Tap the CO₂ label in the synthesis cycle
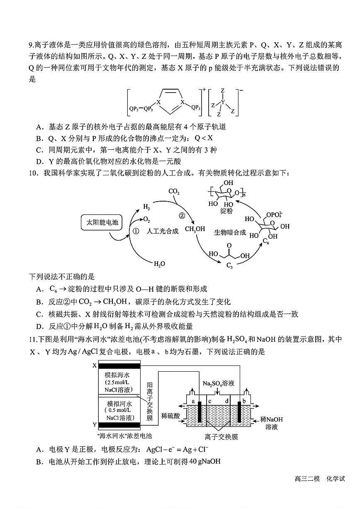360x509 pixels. point(174,192)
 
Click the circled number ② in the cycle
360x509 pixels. point(181,215)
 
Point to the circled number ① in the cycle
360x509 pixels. point(136,231)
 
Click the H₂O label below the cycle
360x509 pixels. point(159,263)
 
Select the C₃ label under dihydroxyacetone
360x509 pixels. point(229,266)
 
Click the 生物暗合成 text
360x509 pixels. point(230,232)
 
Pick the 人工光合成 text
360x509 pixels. point(163,231)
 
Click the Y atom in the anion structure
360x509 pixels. point(223,102)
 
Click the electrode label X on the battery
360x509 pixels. point(94,365)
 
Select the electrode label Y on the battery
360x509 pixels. point(94,424)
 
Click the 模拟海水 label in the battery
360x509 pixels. point(117,374)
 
